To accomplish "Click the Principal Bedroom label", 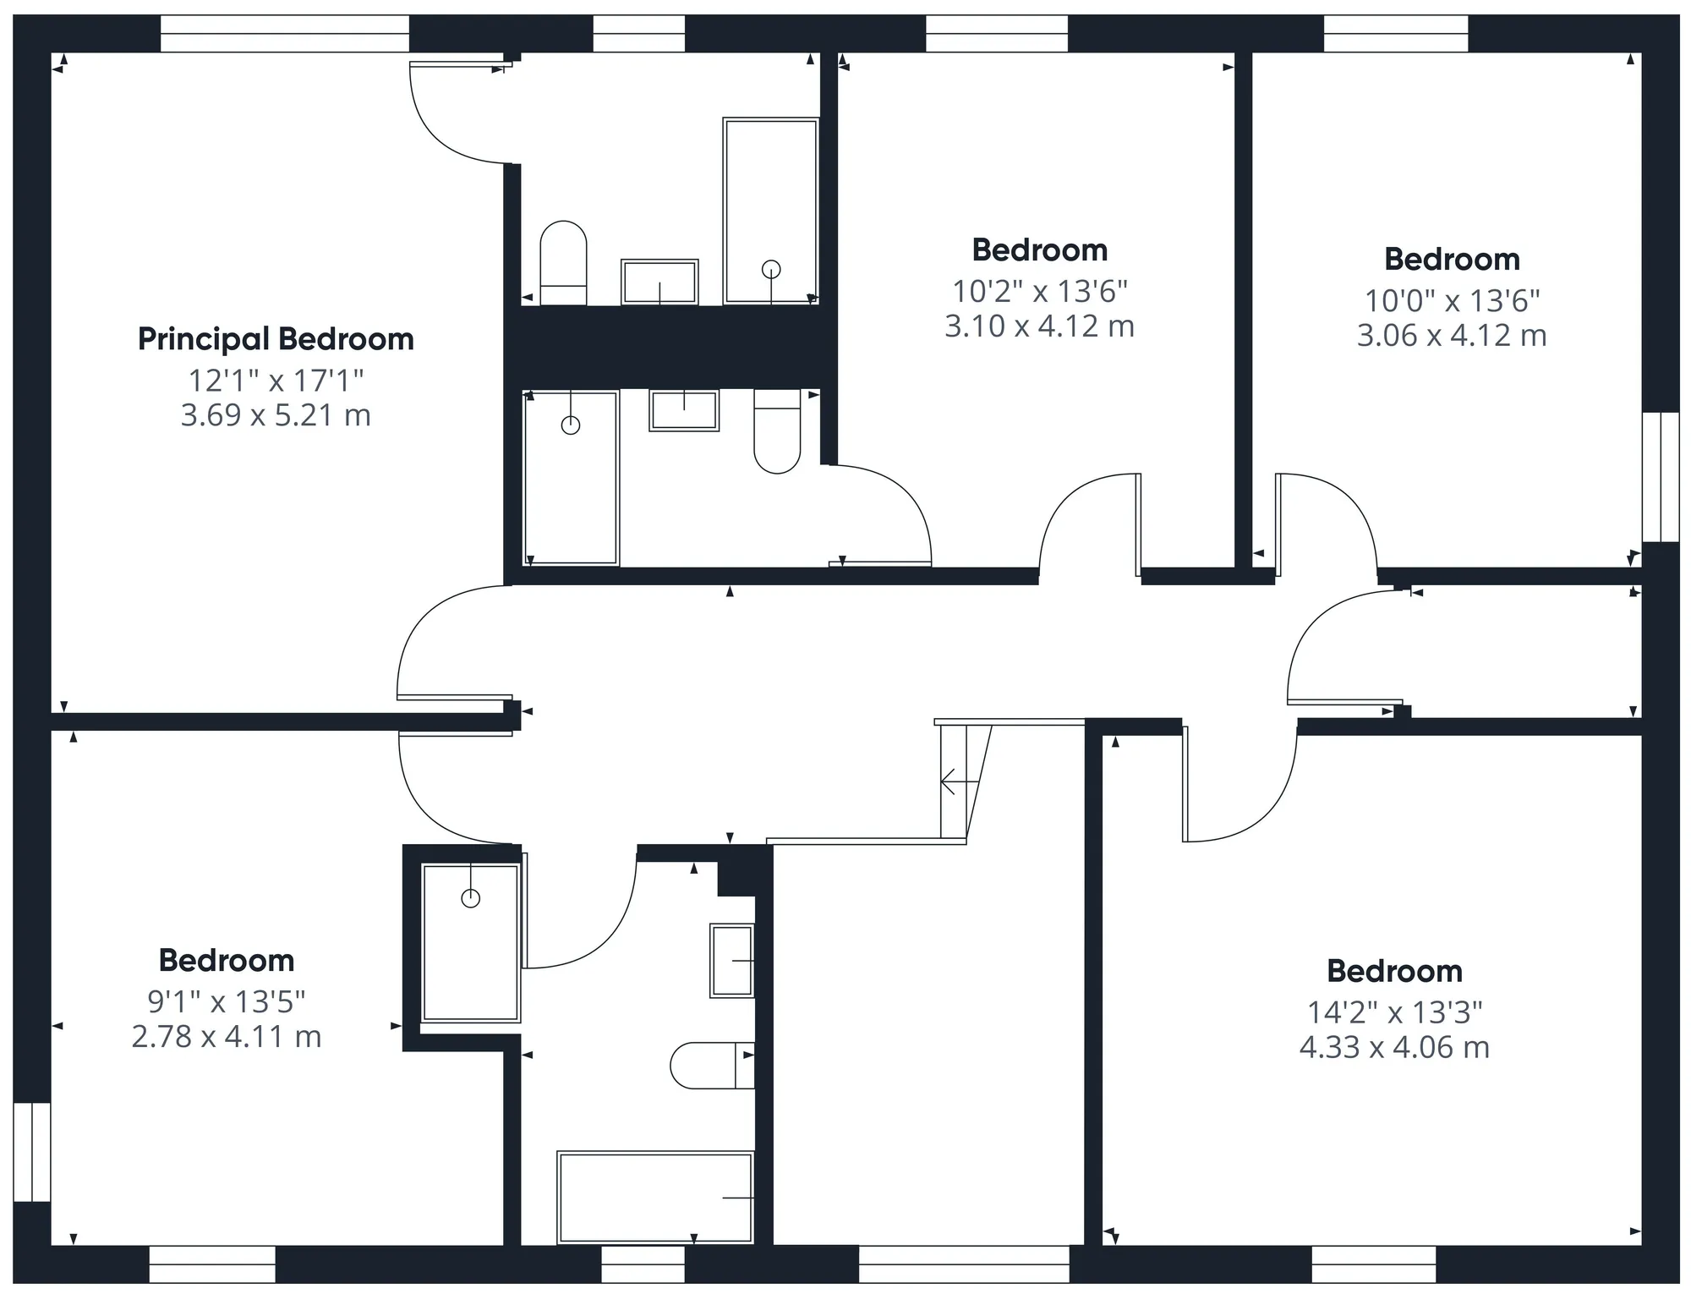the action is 276,340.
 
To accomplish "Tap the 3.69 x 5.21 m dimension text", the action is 276,415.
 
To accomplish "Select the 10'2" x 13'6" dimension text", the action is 1040,292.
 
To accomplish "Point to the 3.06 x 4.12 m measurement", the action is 1452,336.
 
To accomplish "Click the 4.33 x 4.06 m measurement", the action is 1394,1048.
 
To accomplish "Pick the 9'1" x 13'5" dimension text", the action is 227,1002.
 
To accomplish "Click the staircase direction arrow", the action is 960,782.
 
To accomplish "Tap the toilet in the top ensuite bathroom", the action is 563,263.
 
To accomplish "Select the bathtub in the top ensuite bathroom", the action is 770,211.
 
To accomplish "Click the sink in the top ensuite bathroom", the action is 659,282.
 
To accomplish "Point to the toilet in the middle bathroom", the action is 777,431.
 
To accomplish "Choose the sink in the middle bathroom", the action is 684,411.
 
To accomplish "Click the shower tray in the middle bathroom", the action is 572,479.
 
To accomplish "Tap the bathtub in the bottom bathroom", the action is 655,1197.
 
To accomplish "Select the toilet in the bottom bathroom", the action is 712,1066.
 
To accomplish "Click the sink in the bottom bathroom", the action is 732,961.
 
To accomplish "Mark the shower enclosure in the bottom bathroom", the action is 471,942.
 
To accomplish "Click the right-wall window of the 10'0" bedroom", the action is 1660,477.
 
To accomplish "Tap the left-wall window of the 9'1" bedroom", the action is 32,1151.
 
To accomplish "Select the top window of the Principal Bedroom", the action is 285,34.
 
